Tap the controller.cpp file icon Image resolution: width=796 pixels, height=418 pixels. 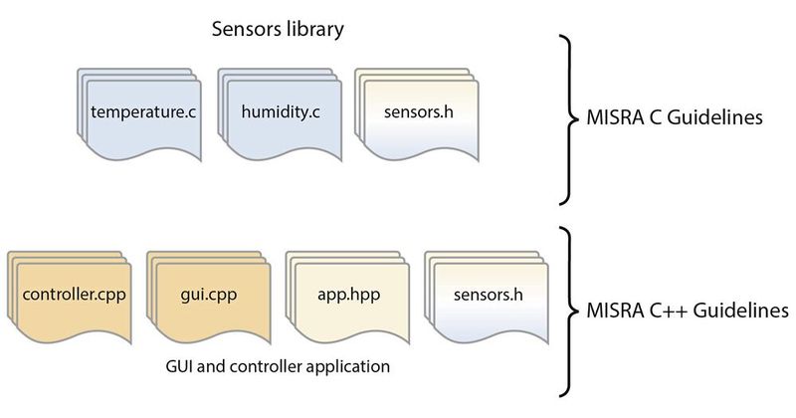[x=70, y=297]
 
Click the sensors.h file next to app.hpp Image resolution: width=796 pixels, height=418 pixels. [x=489, y=297]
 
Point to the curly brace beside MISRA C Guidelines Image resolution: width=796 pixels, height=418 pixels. [x=570, y=117]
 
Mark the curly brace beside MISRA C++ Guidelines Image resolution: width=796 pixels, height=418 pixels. [x=570, y=311]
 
